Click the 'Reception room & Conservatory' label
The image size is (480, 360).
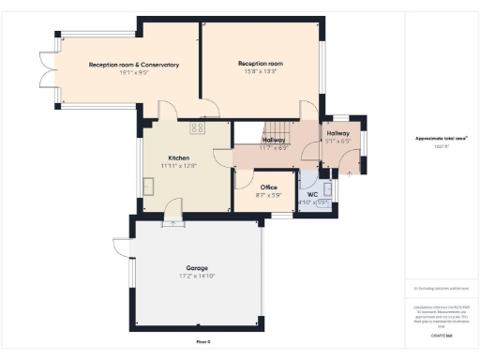(x=133, y=65)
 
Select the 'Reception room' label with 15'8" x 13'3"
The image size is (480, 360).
(x=260, y=63)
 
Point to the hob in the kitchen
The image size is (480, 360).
(x=197, y=127)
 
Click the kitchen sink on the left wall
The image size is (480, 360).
(x=148, y=186)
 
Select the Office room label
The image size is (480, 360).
(x=268, y=187)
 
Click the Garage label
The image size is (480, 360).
(x=197, y=268)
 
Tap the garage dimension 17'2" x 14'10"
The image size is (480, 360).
(x=197, y=276)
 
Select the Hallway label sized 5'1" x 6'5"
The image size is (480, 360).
(x=337, y=134)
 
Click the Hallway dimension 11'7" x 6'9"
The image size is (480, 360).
(x=273, y=148)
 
